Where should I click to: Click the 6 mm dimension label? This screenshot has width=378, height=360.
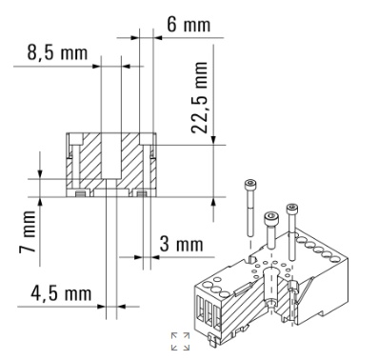[x=189, y=25]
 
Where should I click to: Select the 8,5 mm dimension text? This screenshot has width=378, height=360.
[x=57, y=52]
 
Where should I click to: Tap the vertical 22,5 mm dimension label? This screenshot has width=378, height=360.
[x=199, y=97]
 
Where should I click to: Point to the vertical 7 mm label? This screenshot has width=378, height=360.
[x=28, y=231]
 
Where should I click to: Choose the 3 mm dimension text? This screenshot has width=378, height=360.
[x=181, y=244]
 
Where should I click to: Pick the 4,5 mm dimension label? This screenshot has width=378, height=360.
[x=61, y=293]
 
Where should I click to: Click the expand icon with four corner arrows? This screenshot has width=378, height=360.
[x=180, y=342]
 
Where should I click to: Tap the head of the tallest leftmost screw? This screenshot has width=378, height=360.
[x=249, y=185]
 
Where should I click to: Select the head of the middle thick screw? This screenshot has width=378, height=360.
[x=270, y=218]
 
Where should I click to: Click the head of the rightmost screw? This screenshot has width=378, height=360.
[x=292, y=209]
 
